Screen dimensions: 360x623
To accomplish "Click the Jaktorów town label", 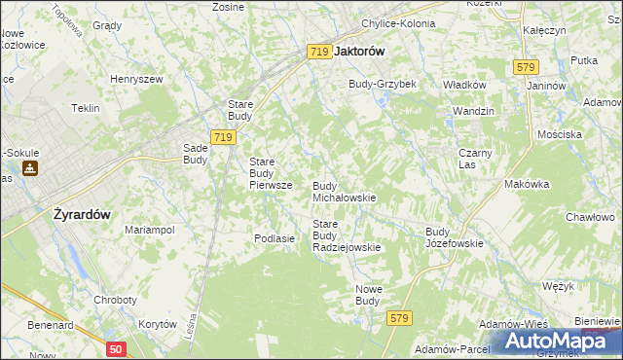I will [359, 52].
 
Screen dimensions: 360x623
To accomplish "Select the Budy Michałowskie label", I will [344, 191].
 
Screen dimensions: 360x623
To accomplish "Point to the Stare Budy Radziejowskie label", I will [346, 235].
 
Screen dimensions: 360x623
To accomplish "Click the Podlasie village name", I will [274, 238].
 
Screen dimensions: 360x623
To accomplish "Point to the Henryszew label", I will [134, 78].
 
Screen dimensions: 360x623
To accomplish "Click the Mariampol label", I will [149, 230].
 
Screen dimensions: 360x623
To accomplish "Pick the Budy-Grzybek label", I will [383, 84].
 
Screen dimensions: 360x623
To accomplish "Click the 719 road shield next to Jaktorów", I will [319, 52].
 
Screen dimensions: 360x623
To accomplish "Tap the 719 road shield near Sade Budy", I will [222, 138].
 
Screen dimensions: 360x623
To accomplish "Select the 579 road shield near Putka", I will [526, 66].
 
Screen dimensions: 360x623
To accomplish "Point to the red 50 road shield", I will [116, 347].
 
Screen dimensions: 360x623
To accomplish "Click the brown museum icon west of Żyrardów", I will [30, 168].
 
